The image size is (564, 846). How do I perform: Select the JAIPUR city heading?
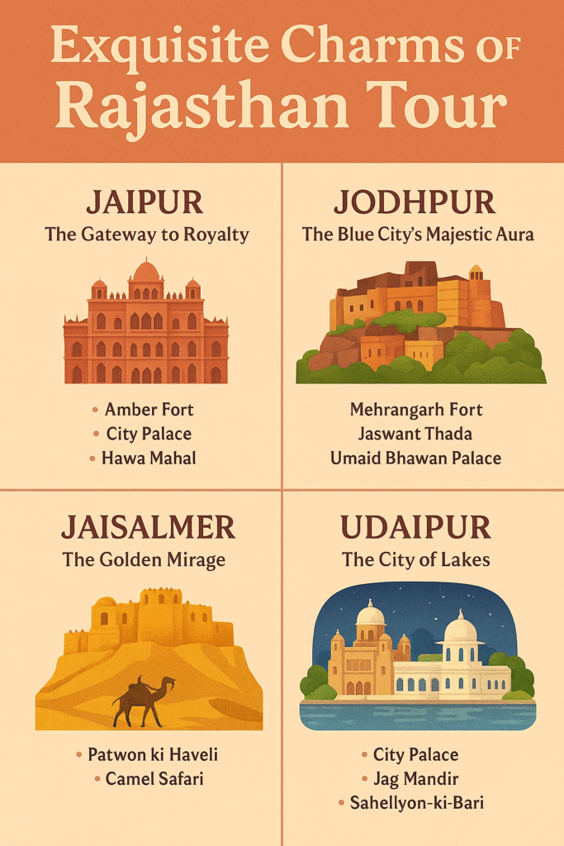145,202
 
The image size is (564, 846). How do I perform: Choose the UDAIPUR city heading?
416,527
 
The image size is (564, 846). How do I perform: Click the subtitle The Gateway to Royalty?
146,235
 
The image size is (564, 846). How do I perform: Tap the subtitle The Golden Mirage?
144,559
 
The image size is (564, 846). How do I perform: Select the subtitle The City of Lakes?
416,559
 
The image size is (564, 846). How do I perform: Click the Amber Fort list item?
149,410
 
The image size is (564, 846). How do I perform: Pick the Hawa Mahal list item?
149,458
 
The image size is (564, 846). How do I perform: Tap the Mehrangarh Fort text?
416,410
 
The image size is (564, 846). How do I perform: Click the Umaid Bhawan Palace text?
416,458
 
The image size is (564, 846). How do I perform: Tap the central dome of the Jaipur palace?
146,272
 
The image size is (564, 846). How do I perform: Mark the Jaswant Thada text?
416,434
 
